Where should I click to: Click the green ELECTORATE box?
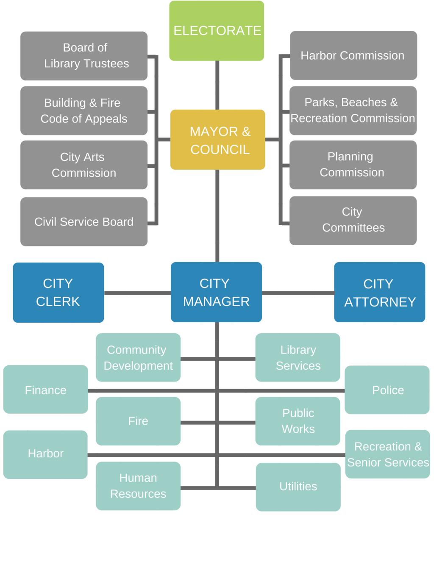(x=217, y=30)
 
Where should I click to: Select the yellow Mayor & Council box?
(x=217, y=140)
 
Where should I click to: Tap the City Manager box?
(x=216, y=292)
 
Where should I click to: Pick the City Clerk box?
(x=58, y=292)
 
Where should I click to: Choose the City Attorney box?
(x=379, y=292)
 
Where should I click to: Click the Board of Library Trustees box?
(x=84, y=55)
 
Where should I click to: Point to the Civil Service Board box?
(x=84, y=221)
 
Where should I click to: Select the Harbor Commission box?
(x=353, y=55)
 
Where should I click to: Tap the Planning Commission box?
(x=353, y=164)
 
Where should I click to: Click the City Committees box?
(x=353, y=220)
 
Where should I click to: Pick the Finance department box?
(x=45, y=390)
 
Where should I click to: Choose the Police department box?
(x=387, y=390)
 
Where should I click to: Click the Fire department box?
(x=138, y=421)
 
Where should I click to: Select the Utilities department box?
(x=298, y=486)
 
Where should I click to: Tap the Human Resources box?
(x=138, y=486)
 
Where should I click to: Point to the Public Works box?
(x=298, y=421)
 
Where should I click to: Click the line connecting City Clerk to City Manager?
(x=137, y=293)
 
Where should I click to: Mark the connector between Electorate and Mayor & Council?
(x=217, y=85)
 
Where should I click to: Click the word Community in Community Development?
(x=136, y=350)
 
